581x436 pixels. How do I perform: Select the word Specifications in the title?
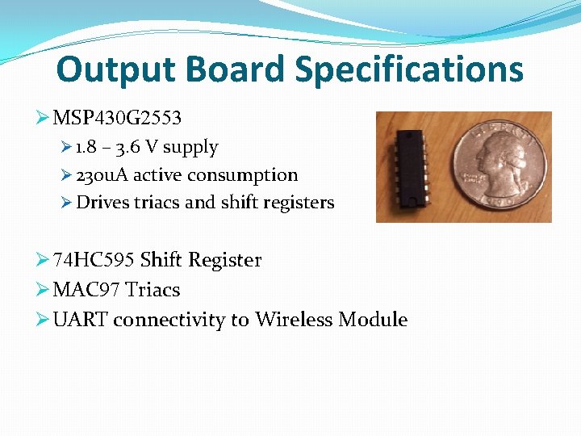tap(408, 69)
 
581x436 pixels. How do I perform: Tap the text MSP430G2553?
tap(117, 118)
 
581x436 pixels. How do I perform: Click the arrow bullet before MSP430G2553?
tap(44, 118)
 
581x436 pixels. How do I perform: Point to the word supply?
tap(190, 148)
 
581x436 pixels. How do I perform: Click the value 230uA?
tap(102, 175)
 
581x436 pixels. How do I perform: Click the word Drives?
tap(102, 203)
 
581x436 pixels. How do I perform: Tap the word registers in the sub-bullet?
tap(300, 203)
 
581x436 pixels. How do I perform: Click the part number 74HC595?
tap(94, 260)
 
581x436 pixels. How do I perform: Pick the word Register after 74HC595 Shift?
tap(224, 260)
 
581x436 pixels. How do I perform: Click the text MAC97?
tap(86, 290)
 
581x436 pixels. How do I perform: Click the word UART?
tap(80, 320)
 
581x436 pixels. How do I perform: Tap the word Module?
tap(373, 320)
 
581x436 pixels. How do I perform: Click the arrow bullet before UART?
tap(44, 320)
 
